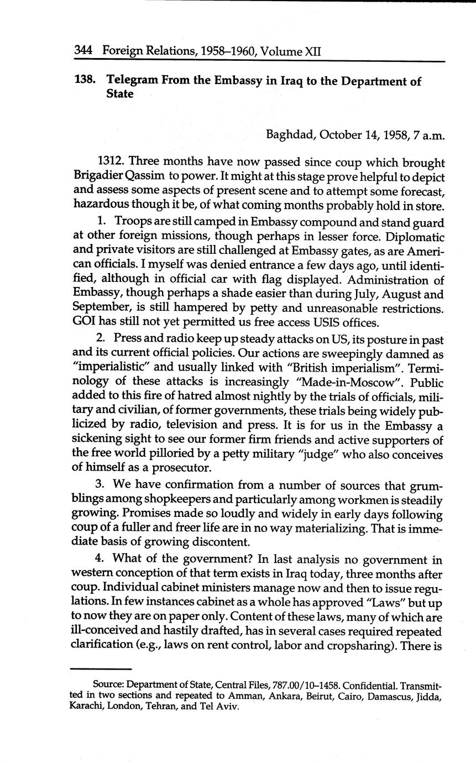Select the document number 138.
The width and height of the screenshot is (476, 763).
tap(85, 81)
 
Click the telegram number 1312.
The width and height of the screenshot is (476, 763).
tap(112, 163)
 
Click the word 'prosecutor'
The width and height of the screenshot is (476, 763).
tap(168, 468)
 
